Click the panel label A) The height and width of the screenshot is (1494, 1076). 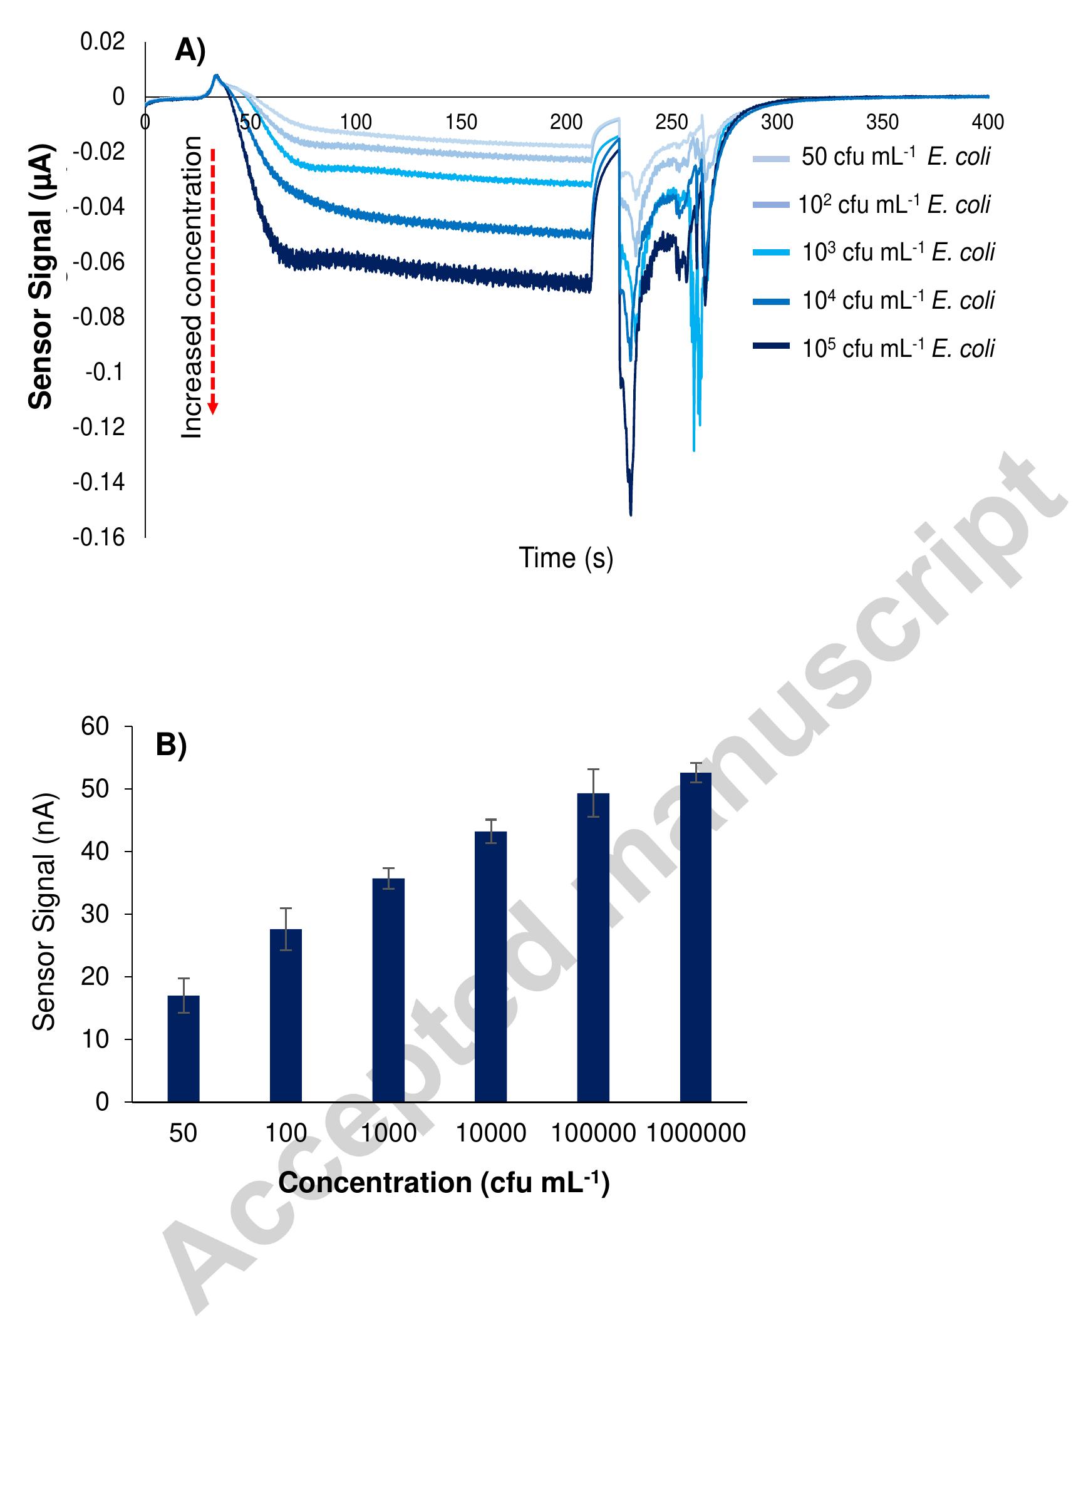pos(190,51)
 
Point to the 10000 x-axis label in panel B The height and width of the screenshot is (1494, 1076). pos(491,1133)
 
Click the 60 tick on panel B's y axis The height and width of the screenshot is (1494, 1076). pos(95,726)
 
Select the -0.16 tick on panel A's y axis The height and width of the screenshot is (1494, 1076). pos(99,537)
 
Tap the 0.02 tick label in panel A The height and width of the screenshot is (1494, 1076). pos(102,42)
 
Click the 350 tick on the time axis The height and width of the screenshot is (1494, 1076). pos(882,122)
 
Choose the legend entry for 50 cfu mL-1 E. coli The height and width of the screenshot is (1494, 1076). pos(873,157)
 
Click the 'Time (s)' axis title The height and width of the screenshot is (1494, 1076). pos(566,558)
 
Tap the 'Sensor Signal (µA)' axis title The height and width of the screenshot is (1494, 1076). pos(41,277)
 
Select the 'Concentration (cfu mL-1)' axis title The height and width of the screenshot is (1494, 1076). pos(443,1182)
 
